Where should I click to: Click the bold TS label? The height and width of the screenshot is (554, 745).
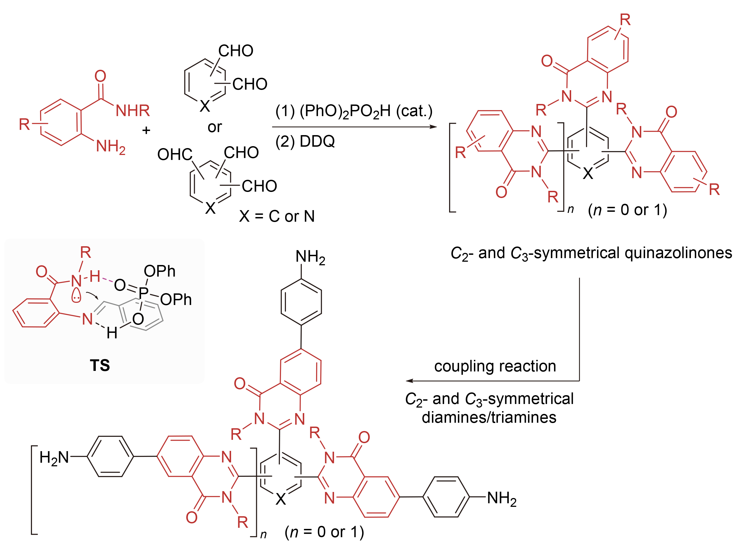(100, 365)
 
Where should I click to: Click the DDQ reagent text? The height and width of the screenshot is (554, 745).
(317, 141)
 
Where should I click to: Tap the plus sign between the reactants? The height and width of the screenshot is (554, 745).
(146, 130)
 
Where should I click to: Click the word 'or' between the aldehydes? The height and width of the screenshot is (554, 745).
(215, 127)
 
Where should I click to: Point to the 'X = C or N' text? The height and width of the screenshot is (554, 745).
(277, 216)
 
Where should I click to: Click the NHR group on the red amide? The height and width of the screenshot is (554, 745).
(132, 111)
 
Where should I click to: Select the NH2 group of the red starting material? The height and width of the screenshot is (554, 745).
(110, 146)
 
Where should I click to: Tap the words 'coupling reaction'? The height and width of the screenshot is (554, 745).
(495, 366)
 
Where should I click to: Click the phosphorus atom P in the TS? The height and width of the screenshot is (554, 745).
(144, 292)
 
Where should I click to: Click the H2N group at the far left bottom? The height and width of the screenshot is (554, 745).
(54, 457)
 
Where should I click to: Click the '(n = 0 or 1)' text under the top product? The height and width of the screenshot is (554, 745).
(627, 210)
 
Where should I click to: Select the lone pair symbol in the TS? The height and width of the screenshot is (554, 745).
(76, 296)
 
